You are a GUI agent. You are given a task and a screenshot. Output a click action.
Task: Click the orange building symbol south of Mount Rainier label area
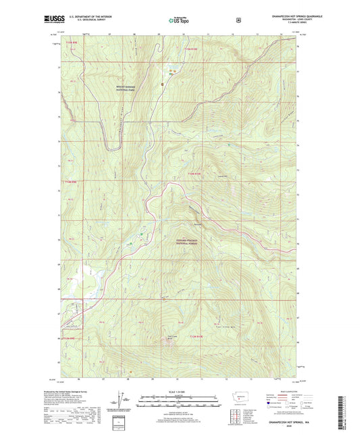163,83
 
